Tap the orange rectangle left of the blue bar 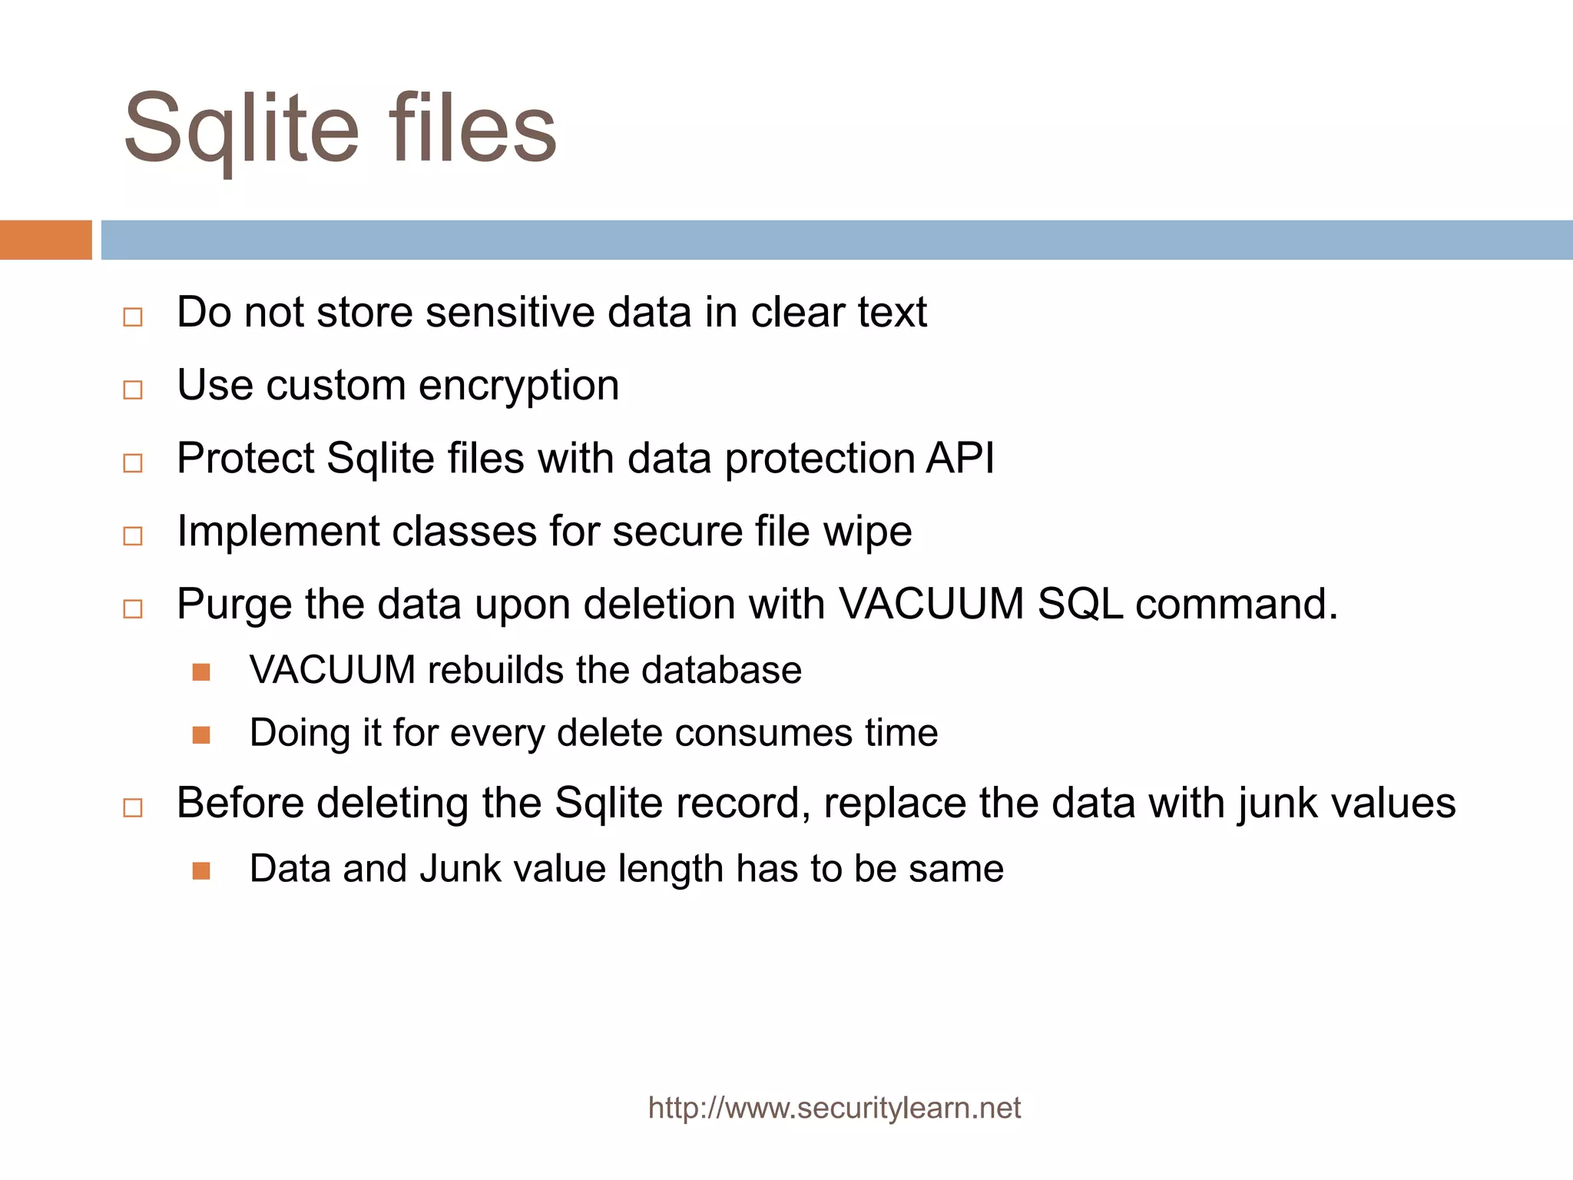pos(45,240)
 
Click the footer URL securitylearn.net pos(834,1108)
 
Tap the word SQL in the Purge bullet pos(1080,604)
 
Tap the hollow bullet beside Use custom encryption pos(133,389)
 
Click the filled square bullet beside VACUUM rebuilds pos(201,672)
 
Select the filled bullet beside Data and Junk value pos(201,870)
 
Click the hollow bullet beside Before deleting pos(133,807)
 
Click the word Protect pos(245,459)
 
